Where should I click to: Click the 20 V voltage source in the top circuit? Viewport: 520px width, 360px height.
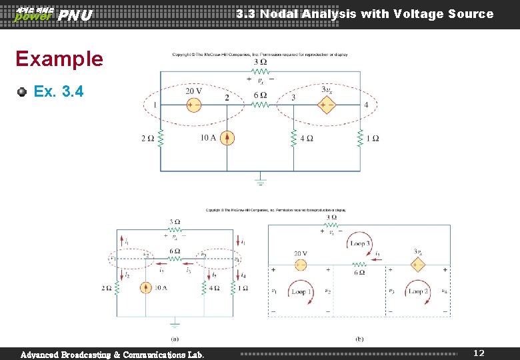[193, 105]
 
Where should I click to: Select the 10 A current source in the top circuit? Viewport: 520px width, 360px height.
[227, 138]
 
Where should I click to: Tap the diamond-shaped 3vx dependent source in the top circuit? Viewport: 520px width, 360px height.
[327, 105]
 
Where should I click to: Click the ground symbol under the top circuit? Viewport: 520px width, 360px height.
[261, 180]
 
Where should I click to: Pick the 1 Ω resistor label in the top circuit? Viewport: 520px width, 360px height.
[373, 138]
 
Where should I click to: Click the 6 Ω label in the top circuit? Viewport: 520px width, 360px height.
[260, 95]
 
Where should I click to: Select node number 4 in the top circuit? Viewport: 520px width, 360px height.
[366, 105]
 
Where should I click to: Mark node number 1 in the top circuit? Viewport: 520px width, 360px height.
[155, 105]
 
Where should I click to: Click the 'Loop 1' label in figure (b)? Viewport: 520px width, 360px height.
[301, 292]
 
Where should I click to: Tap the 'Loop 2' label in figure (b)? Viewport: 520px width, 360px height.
[418, 292]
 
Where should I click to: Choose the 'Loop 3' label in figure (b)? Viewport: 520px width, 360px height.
[359, 244]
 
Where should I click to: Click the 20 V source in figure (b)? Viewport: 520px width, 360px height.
[301, 265]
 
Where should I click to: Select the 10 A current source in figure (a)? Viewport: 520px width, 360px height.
[146, 288]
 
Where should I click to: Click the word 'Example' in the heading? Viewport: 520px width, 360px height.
[59, 59]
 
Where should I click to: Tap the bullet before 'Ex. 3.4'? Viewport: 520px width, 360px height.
[23, 91]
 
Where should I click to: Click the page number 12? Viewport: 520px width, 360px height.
[479, 351]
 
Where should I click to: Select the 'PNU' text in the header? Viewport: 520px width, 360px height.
[75, 15]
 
